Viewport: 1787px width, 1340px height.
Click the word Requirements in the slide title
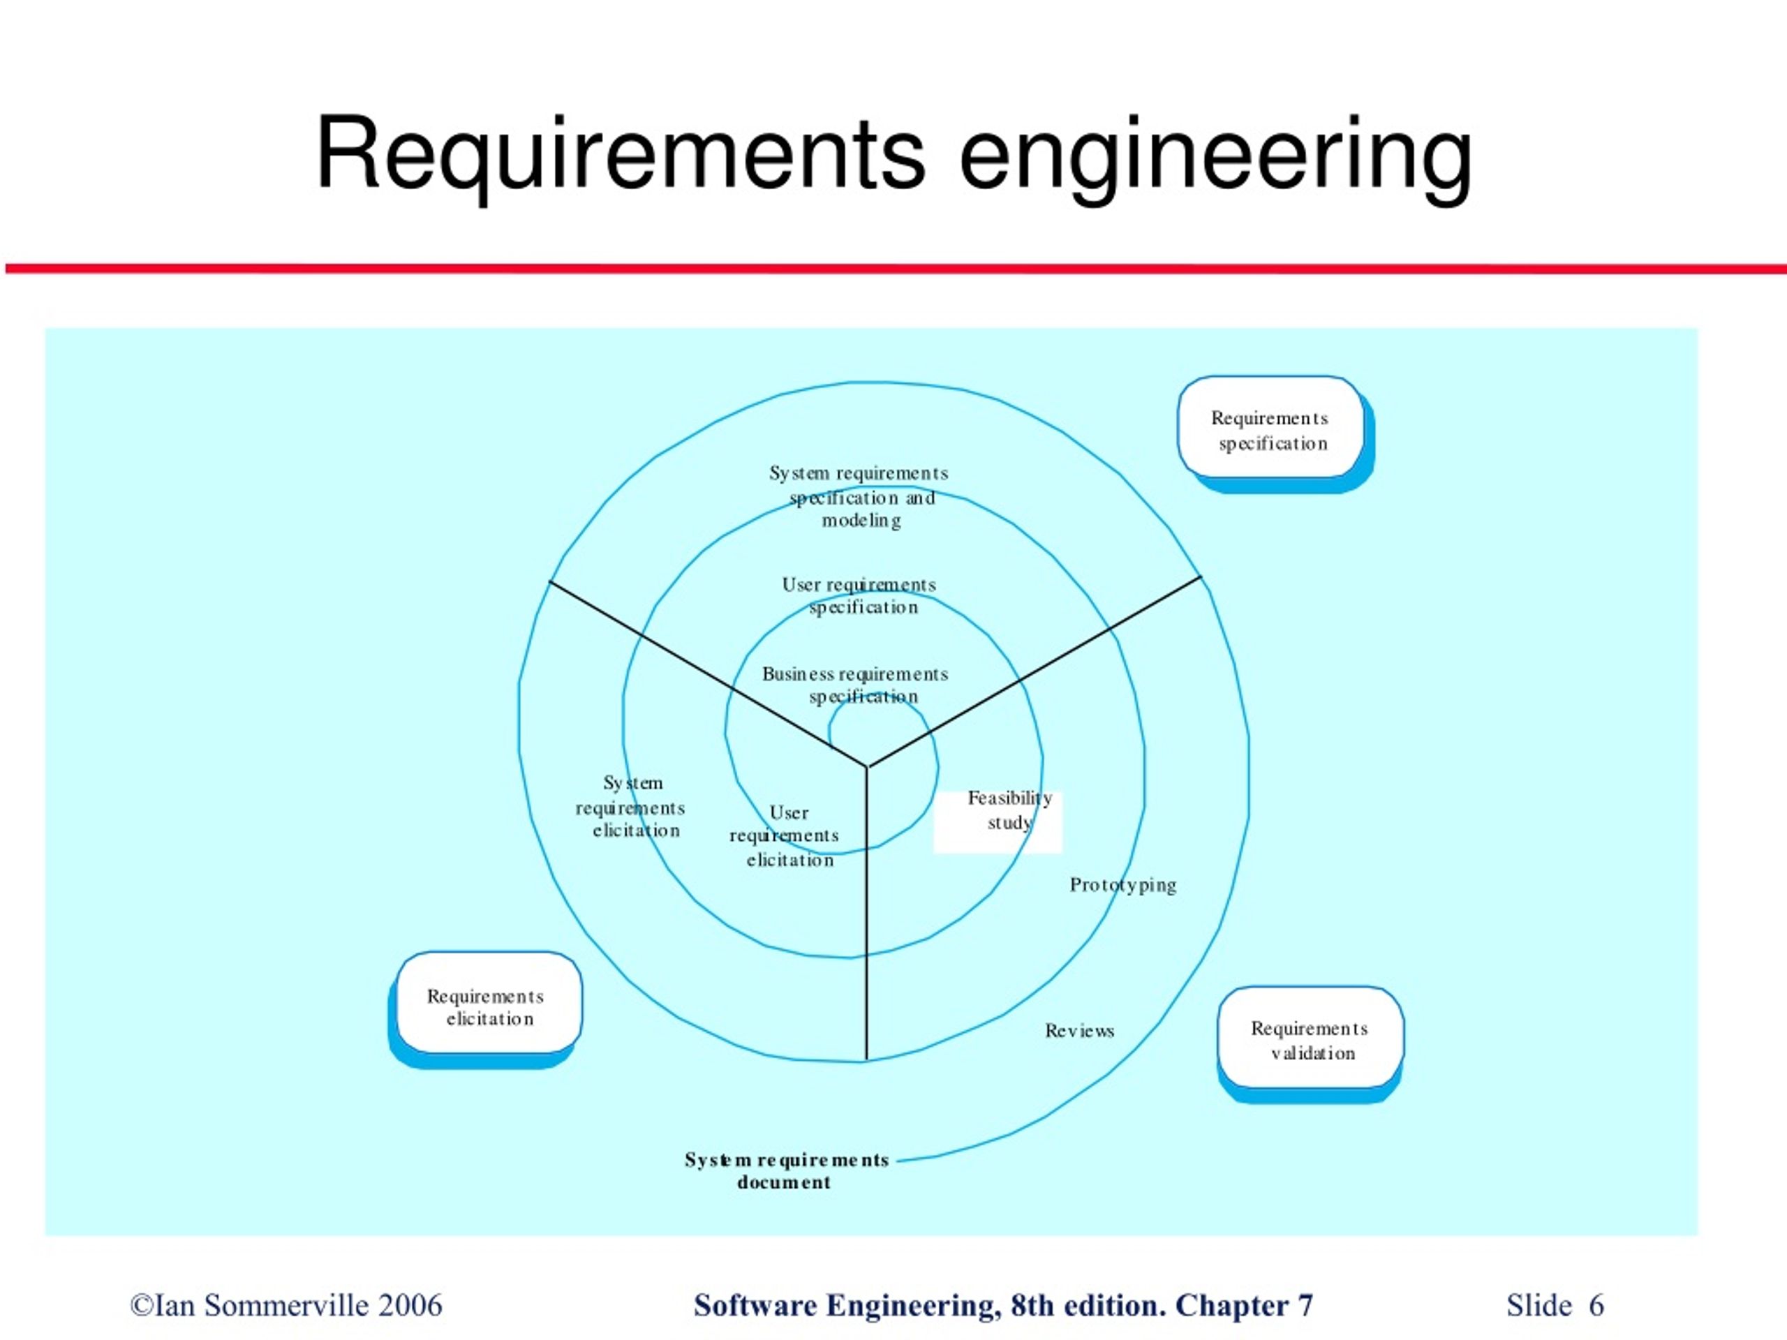point(621,155)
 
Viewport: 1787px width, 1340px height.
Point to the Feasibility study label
point(1010,810)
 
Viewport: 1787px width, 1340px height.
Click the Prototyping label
point(1123,884)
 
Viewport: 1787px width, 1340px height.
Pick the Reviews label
point(1079,1031)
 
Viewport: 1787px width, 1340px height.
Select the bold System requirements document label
point(786,1170)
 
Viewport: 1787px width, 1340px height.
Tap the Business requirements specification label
point(856,685)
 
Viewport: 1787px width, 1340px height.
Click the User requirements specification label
point(859,595)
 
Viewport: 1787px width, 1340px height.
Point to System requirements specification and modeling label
point(859,496)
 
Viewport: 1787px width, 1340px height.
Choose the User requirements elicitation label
point(785,836)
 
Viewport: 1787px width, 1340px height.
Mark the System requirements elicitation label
point(631,806)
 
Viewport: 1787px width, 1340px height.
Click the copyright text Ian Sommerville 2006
point(287,1305)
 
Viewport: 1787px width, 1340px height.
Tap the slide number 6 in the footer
point(1596,1305)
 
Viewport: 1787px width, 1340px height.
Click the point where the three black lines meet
point(867,766)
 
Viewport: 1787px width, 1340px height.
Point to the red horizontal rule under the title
point(896,268)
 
